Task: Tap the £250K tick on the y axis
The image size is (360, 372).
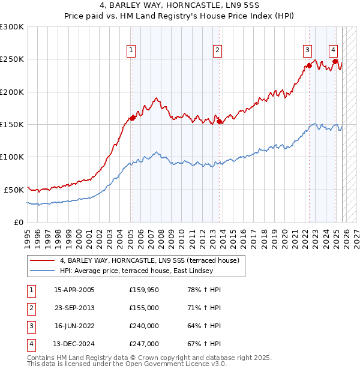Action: pos(12,59)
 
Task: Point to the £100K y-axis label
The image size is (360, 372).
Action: pos(12,157)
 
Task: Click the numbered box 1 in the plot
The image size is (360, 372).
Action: pos(131,50)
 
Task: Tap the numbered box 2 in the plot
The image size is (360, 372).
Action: pos(217,50)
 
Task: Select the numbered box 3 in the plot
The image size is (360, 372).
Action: pos(307,50)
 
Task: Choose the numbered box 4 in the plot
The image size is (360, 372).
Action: pos(332,50)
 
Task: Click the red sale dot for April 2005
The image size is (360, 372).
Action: pos(133,118)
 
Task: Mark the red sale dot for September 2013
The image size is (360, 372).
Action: pos(219,121)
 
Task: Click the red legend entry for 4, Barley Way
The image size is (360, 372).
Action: pos(149,260)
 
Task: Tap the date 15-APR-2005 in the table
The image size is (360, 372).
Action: pos(74,290)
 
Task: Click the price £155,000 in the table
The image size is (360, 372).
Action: pos(143,308)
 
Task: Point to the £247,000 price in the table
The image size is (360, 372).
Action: pos(143,344)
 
